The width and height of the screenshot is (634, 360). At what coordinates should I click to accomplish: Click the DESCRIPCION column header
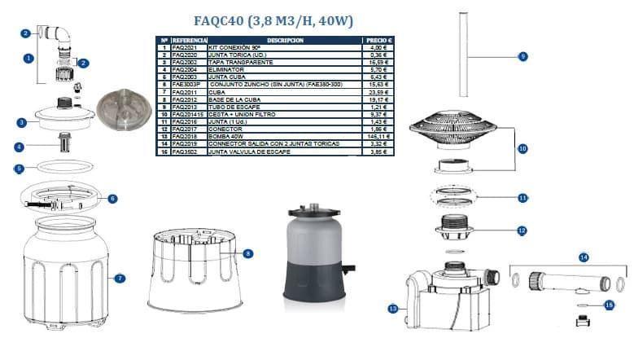(x=284, y=40)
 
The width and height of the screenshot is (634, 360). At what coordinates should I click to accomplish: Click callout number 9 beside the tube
(x=523, y=56)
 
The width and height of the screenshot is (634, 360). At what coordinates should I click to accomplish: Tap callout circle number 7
(x=120, y=279)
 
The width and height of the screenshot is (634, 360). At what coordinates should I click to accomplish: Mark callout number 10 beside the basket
(x=523, y=148)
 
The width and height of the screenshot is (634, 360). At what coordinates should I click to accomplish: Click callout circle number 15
(x=610, y=305)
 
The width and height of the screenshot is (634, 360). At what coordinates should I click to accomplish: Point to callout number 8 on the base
(x=247, y=254)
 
